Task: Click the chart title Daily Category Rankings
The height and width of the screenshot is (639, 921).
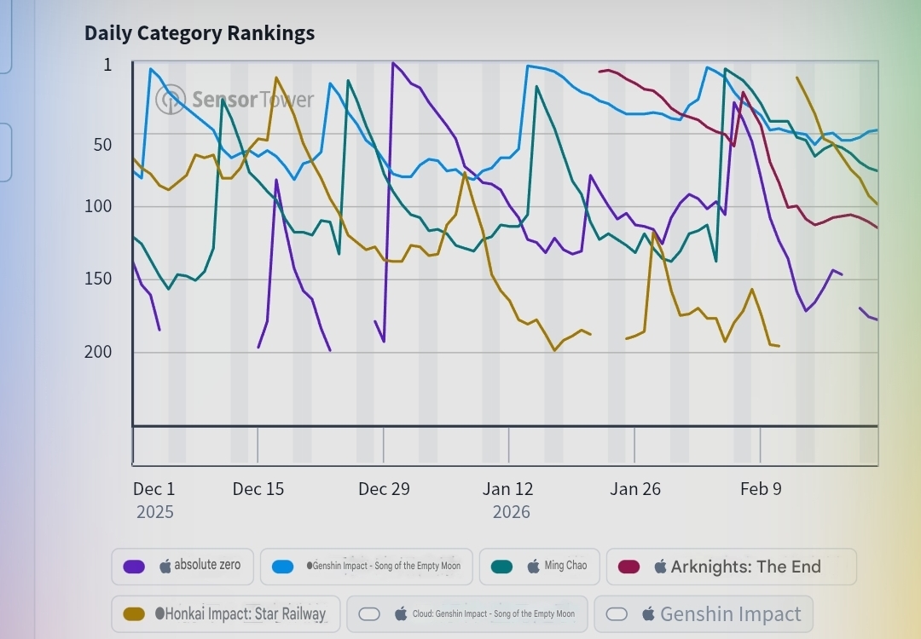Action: [x=200, y=33]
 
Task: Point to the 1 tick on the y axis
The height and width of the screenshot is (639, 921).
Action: [x=107, y=65]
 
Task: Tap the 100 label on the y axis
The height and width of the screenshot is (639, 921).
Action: [x=98, y=205]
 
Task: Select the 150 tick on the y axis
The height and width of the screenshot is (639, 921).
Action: [x=98, y=279]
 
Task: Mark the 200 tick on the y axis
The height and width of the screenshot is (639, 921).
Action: [x=98, y=351]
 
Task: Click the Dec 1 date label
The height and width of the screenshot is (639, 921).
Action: [x=153, y=489]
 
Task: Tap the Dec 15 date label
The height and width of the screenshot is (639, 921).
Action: [x=258, y=489]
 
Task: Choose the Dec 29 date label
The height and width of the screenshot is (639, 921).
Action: [x=384, y=489]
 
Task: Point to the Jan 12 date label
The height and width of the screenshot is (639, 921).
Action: [x=508, y=489]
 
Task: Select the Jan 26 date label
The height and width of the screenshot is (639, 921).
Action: [x=634, y=489]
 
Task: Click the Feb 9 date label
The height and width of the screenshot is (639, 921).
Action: [x=761, y=489]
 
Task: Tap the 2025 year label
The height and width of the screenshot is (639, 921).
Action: [x=155, y=512]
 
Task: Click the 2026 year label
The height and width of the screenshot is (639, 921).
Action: [x=511, y=512]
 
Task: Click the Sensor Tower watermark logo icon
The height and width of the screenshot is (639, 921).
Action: [x=171, y=99]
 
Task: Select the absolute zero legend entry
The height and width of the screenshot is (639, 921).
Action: [x=182, y=567]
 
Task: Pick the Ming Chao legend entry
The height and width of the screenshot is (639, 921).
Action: [x=539, y=567]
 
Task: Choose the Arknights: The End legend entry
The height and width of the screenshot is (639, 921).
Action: [x=731, y=567]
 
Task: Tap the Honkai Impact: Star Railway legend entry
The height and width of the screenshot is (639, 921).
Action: [x=226, y=613]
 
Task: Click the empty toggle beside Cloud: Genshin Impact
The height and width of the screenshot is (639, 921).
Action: [x=369, y=613]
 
